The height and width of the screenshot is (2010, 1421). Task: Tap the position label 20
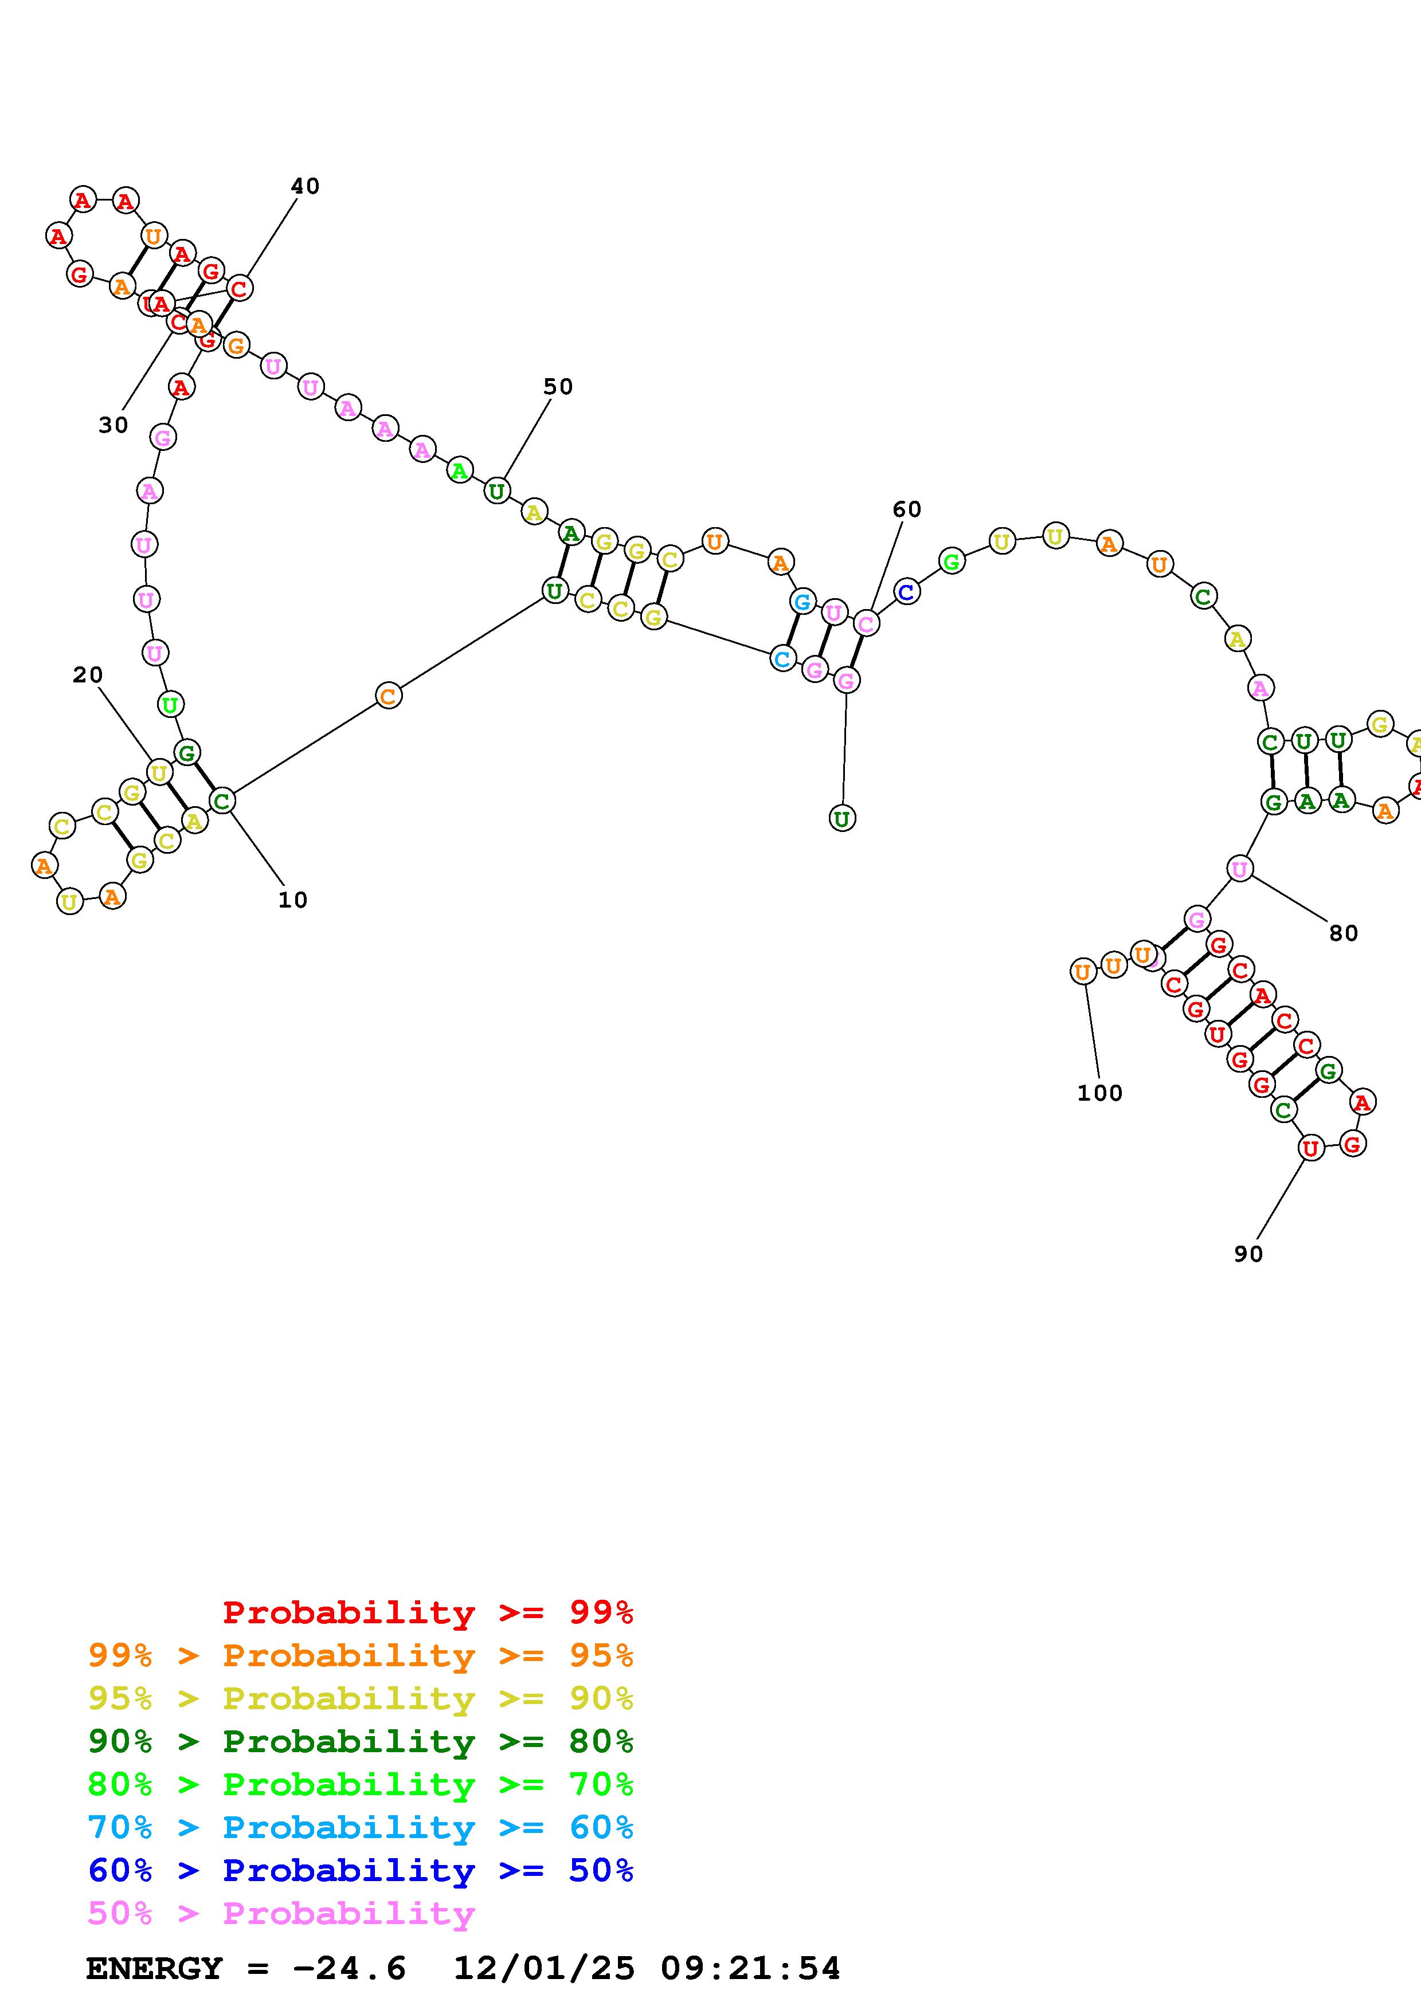coord(88,675)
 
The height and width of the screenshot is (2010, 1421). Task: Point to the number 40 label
coord(305,186)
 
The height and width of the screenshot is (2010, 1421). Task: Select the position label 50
coord(558,387)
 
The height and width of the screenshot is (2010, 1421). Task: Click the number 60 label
coord(907,509)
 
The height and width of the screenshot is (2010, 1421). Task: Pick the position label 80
coord(1343,933)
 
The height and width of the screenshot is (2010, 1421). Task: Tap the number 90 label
coord(1248,1254)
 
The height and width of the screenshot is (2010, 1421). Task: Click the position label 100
coord(1099,1093)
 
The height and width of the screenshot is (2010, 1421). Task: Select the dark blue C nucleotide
coord(906,592)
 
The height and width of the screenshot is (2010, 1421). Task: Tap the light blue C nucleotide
coord(782,658)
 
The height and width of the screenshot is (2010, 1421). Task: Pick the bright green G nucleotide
coord(952,560)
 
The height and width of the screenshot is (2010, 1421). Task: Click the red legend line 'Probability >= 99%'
coord(427,1612)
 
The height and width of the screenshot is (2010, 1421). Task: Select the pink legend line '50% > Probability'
coord(280,1914)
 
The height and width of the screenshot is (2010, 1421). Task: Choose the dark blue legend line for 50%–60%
coord(360,1871)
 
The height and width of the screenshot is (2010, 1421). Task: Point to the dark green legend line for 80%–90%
coord(360,1742)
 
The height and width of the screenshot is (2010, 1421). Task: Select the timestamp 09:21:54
coord(750,1969)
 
